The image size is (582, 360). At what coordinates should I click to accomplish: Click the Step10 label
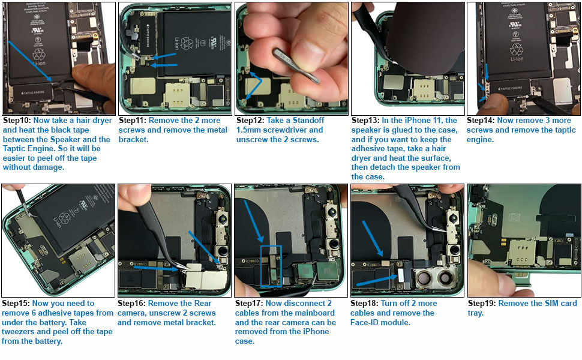coord(17,120)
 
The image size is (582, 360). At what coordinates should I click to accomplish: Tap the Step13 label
coord(365,120)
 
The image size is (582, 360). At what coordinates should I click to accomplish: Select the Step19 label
coord(482,303)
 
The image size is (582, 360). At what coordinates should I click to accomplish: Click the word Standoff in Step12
coord(308,120)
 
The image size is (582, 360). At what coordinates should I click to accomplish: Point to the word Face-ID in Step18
coord(364,323)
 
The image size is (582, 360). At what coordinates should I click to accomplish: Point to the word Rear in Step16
coord(203,303)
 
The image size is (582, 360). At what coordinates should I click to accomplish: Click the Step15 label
coord(16,303)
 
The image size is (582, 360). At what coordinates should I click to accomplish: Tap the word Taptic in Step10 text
coord(14,148)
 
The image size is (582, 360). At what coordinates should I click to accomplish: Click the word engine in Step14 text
coord(479,140)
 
